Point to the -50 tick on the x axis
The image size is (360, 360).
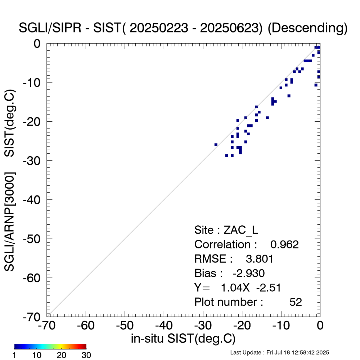tap(125, 326)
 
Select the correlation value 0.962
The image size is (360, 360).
tap(284, 244)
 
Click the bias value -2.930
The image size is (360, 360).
tap(249, 273)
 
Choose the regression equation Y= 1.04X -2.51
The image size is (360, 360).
tap(237, 288)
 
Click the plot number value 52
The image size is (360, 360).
tap(296, 302)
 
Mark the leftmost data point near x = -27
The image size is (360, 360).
tap(216, 145)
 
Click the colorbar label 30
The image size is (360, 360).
tap(86, 355)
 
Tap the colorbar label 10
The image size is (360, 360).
tap(38, 355)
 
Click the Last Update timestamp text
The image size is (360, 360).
tap(279, 352)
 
